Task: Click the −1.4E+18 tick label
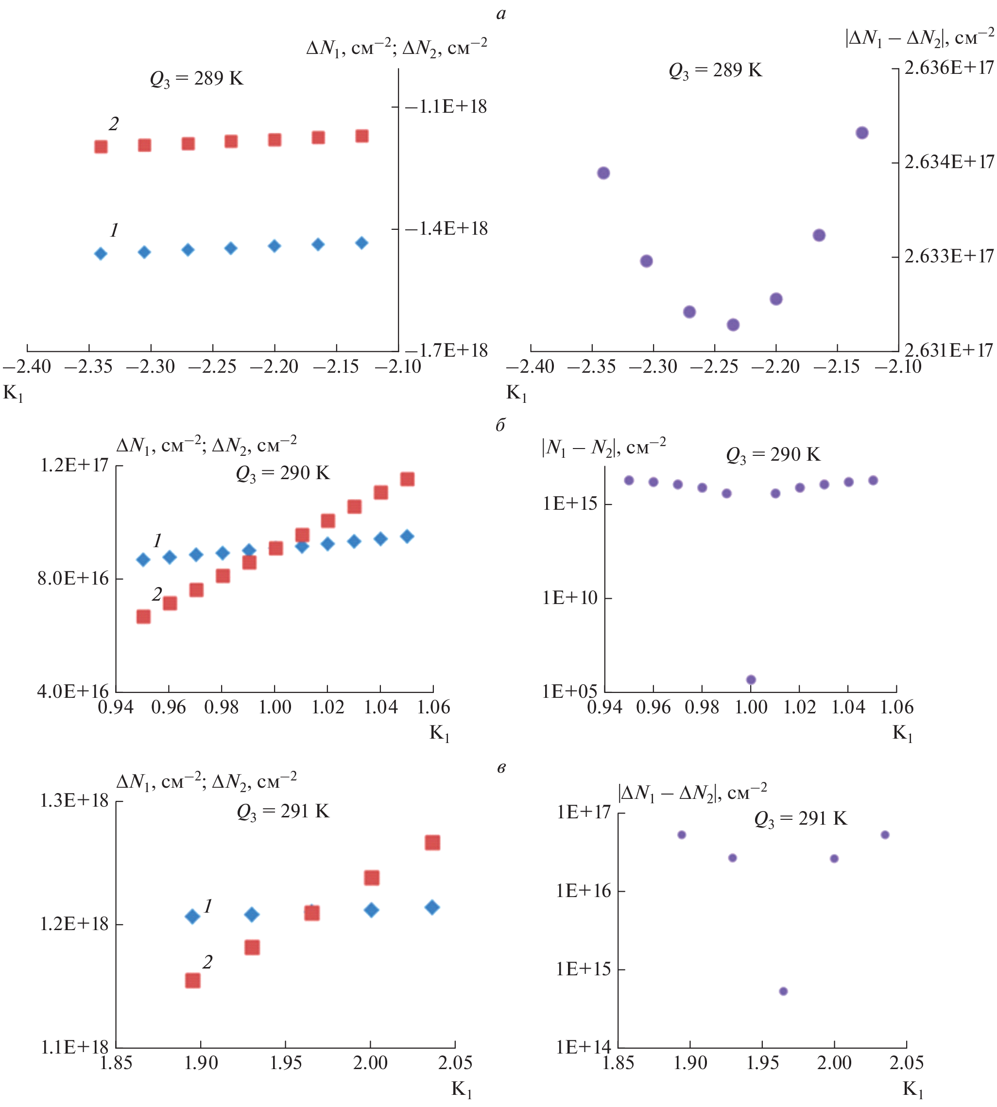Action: click(x=446, y=228)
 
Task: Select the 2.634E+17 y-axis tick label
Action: click(x=949, y=162)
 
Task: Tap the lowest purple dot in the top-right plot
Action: click(x=733, y=325)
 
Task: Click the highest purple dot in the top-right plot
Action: click(x=862, y=133)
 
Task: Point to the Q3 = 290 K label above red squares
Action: click(x=283, y=473)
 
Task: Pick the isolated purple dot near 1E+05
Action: click(x=751, y=680)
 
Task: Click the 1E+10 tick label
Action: click(x=570, y=598)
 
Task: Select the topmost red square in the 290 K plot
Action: click(x=407, y=479)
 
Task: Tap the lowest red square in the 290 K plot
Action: click(x=143, y=617)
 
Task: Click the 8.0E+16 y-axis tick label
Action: click(x=73, y=578)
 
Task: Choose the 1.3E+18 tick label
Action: click(x=74, y=801)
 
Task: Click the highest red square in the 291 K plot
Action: click(x=432, y=843)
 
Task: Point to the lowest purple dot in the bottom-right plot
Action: click(x=783, y=991)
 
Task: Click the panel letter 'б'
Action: click(x=500, y=425)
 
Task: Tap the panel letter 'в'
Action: click(x=501, y=768)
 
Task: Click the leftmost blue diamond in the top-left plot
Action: click(x=101, y=254)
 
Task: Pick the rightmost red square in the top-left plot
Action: click(x=361, y=136)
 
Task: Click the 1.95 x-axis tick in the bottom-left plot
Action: click(x=286, y=1063)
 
